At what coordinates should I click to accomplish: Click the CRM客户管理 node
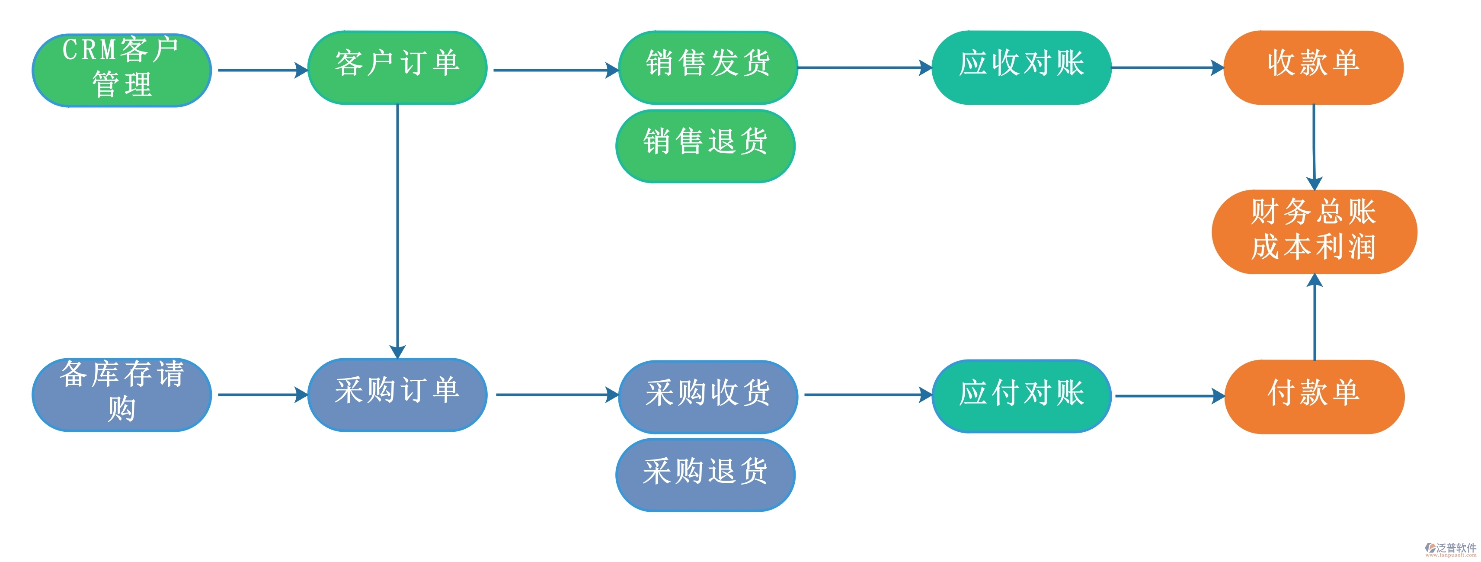pos(122,70)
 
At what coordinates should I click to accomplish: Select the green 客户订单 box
pos(397,67)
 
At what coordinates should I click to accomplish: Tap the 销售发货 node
pos(708,67)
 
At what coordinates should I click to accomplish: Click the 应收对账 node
pos(1021,67)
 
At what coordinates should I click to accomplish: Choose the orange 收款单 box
pos(1314,67)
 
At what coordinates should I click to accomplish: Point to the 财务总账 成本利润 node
pos(1314,231)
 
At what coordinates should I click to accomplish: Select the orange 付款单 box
pos(1314,396)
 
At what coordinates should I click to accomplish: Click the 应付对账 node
pos(1021,396)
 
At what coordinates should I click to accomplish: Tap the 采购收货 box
pos(708,396)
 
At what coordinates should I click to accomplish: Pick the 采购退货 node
pos(705,475)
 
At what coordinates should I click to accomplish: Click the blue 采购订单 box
pos(397,395)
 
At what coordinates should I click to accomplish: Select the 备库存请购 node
pos(122,395)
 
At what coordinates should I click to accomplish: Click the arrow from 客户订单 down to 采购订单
pos(397,230)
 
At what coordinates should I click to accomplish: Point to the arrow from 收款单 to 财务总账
pos(1314,147)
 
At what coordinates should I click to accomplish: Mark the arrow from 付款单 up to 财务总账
pos(1315,316)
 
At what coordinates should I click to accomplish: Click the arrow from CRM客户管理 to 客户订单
pos(262,70)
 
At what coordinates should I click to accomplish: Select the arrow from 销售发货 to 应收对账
pos(864,67)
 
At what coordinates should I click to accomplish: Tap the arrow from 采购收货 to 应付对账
pos(867,395)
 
